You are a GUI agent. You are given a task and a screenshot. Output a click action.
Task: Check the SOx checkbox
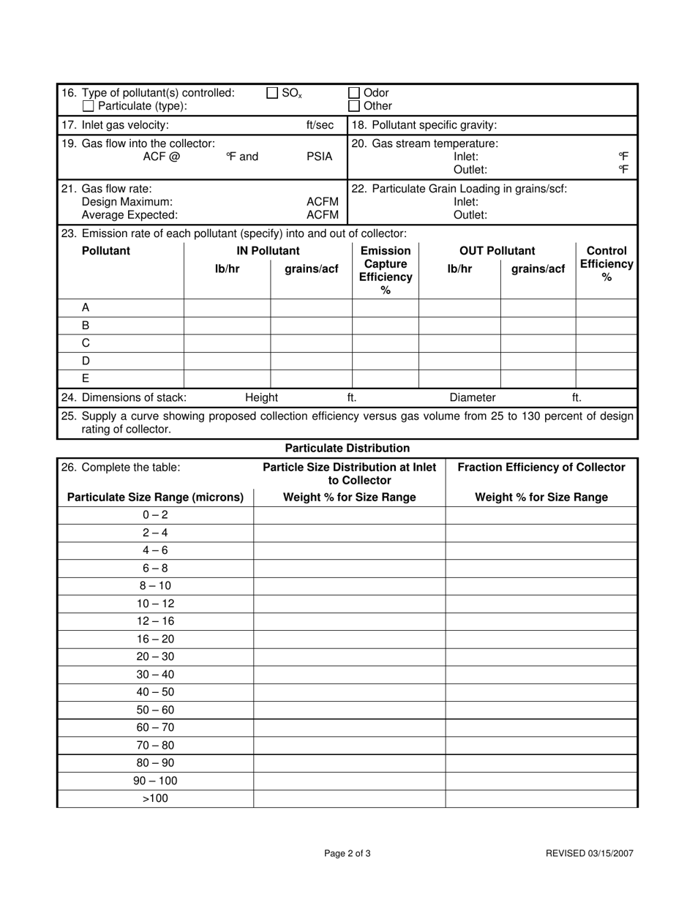272,93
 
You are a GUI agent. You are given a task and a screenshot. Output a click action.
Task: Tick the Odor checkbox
354,93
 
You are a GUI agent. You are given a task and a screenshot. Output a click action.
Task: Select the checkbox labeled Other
354,106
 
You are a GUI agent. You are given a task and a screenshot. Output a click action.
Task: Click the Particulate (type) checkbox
89,106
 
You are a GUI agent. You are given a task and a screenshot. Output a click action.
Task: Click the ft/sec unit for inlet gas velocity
320,125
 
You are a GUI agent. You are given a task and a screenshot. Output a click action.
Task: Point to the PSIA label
319,157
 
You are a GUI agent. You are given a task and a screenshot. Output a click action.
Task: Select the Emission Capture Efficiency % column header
386,271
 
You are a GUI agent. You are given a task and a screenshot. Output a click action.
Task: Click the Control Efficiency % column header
606,263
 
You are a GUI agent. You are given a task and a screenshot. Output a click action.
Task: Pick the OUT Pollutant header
497,251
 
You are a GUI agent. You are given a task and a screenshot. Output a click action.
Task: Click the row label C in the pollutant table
86,343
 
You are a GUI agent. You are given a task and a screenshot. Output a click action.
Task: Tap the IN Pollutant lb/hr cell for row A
227,308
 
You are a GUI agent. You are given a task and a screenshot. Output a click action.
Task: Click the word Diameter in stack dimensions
473,397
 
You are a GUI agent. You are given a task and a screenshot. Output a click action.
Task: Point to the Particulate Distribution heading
347,448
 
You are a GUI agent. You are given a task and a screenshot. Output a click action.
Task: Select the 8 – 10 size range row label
155,586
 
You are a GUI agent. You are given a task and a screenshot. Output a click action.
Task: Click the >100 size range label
155,798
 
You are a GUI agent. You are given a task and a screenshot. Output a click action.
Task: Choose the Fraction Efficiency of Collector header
541,468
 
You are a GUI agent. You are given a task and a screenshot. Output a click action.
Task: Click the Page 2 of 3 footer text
347,853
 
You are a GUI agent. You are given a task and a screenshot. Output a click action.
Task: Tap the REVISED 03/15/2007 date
590,853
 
